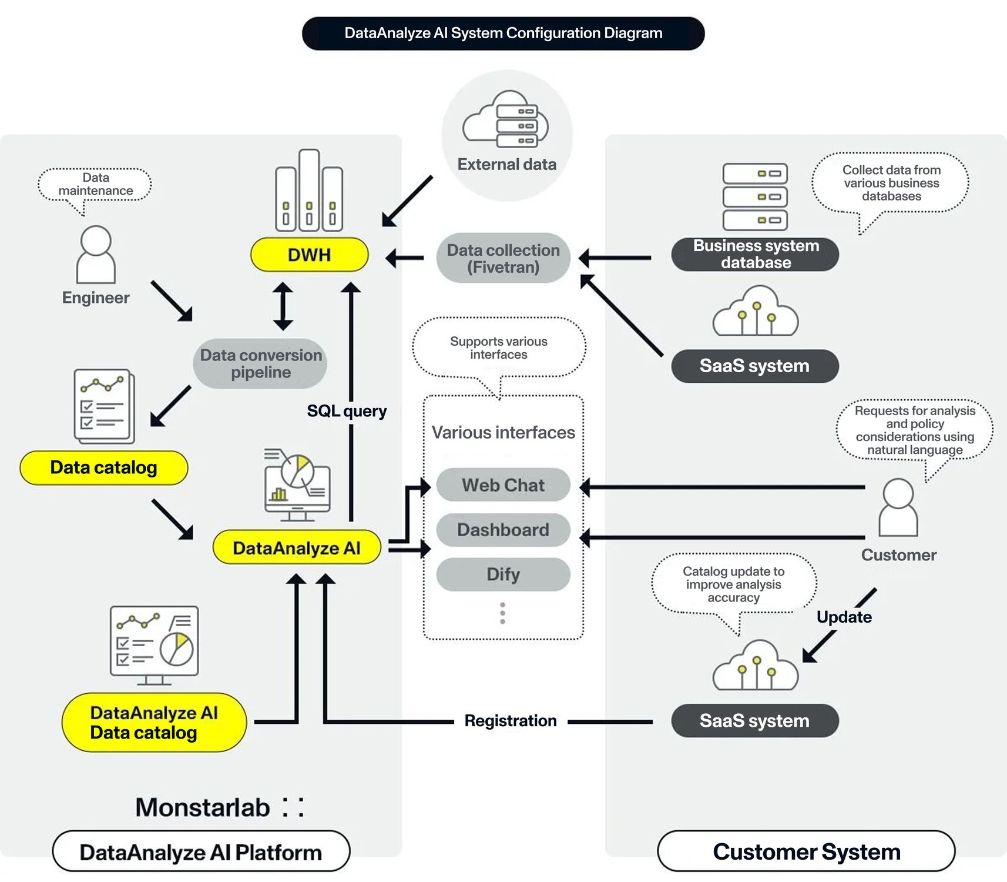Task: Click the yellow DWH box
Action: [309, 255]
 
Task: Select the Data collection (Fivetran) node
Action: [503, 259]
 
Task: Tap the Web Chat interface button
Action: [503, 485]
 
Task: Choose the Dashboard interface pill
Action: [503, 530]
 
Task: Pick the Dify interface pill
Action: [503, 574]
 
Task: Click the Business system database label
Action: [755, 254]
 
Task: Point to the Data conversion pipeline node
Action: [260, 363]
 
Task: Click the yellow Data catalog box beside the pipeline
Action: [103, 467]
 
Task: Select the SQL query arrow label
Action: [347, 410]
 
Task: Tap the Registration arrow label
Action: [510, 721]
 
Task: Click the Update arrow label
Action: [844, 617]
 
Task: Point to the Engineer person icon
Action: [96, 255]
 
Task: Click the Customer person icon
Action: [898, 507]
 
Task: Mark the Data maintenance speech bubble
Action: [95, 185]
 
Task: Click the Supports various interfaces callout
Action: [499, 348]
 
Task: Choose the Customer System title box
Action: [806, 851]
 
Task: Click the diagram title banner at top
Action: [503, 34]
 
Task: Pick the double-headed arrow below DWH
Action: [283, 306]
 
